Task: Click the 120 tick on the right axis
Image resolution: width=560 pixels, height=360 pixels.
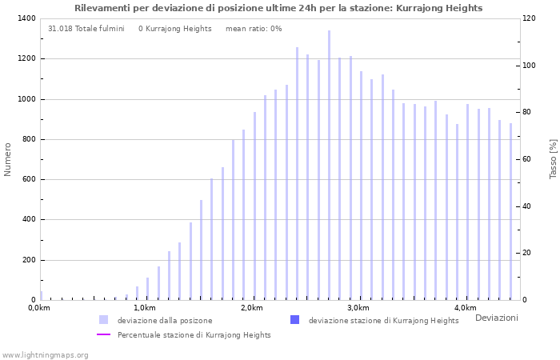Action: [530, 18]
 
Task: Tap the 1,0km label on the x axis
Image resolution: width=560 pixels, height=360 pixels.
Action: [144, 308]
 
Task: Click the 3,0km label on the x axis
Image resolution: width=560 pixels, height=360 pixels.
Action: [358, 308]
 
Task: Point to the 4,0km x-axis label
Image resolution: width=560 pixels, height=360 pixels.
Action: [465, 308]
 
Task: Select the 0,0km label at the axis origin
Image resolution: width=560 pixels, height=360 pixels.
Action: [39, 308]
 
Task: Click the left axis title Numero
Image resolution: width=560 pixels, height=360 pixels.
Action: [8, 159]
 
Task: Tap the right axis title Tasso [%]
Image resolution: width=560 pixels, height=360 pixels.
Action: [553, 159]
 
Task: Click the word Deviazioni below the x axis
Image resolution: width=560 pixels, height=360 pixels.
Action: [496, 318]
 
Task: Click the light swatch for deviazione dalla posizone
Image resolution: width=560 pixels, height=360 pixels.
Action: [104, 320]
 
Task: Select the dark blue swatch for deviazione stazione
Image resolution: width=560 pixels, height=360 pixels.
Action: [294, 320]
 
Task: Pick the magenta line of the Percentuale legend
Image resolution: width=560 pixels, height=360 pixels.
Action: [104, 335]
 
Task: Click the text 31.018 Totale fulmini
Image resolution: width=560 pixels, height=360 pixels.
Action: [86, 29]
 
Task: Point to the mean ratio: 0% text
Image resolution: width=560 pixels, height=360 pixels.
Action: [254, 29]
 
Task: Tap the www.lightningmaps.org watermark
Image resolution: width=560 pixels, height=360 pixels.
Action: [45, 354]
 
